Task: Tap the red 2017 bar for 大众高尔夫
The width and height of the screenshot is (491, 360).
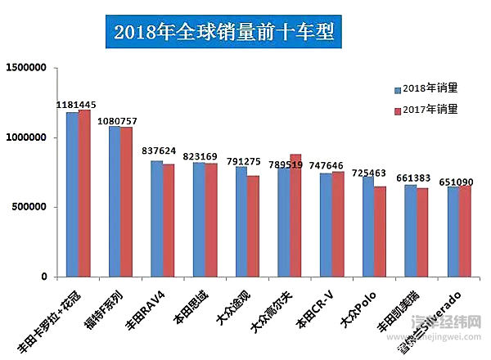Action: pyautogui.click(x=295, y=215)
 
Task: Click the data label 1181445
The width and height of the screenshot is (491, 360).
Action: pyautogui.click(x=77, y=105)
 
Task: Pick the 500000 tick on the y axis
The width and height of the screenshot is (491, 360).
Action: pyautogui.click(x=34, y=207)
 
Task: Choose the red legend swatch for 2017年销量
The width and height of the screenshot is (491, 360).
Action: pyautogui.click(x=397, y=110)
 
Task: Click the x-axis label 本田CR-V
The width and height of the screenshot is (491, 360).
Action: pyautogui.click(x=316, y=306)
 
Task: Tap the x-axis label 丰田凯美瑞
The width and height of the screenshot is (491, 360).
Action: pyautogui.click(x=401, y=308)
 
